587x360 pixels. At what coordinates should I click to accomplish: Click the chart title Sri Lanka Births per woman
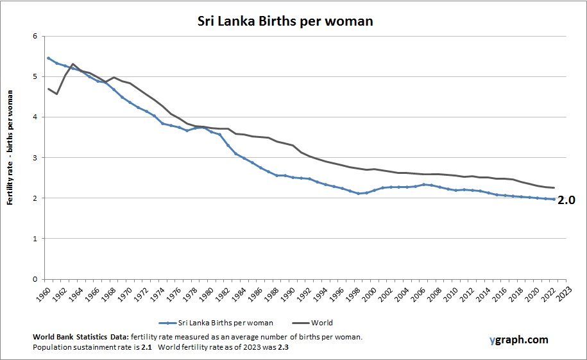coord(284,21)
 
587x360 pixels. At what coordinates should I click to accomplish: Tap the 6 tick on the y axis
coord(35,36)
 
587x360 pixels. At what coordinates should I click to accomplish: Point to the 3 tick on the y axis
coord(35,158)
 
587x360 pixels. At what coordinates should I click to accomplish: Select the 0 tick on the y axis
coord(35,279)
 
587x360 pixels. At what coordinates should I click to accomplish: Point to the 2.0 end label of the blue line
coord(566,200)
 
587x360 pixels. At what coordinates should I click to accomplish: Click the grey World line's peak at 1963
coord(73,64)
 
